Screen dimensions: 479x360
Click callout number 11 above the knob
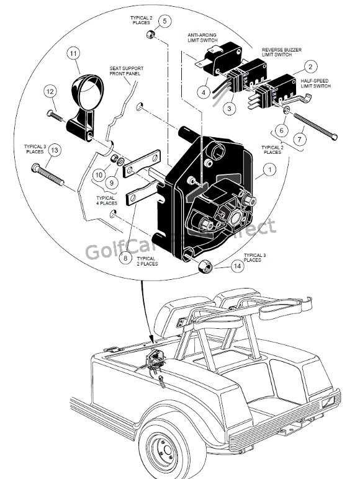[74, 54]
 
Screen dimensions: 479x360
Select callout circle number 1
[269, 168]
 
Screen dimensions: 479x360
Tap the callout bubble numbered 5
[164, 20]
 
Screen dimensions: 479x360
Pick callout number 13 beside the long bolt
[54, 150]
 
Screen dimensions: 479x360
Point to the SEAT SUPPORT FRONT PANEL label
[126, 74]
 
